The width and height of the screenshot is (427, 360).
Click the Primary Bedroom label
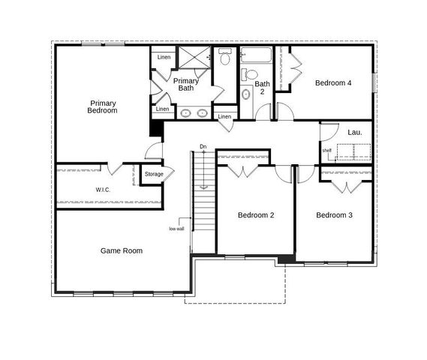(104, 106)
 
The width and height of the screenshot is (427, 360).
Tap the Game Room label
(122, 250)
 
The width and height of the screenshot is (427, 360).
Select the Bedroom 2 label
(256, 215)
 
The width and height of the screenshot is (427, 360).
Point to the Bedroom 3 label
(334, 215)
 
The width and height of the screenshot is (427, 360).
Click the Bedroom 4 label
(333, 83)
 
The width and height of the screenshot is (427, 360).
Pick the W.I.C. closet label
(103, 190)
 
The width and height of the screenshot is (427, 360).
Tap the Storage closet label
(154, 174)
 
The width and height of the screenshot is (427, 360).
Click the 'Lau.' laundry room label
(355, 132)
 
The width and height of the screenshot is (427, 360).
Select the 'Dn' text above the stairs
(203, 146)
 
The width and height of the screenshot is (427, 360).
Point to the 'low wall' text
(176, 229)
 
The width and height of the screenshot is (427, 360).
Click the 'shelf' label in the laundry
(327, 150)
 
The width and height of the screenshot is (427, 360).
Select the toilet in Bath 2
(250, 74)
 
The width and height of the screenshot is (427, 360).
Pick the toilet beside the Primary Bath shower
(224, 58)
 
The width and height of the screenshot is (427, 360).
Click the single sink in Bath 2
(246, 95)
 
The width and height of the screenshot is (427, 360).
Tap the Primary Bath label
(185, 84)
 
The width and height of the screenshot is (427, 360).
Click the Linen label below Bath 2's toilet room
(224, 116)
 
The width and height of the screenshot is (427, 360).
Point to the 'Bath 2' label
(261, 88)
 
